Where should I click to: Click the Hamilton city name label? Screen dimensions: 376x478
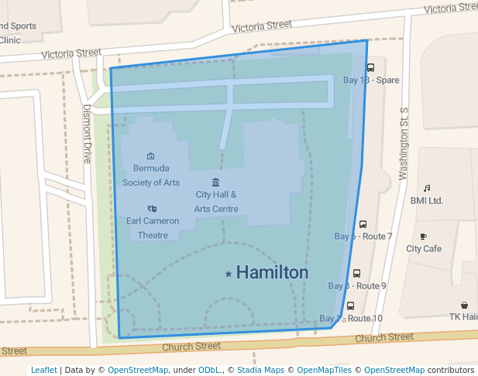(272, 272)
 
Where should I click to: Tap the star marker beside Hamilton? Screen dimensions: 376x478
(229, 274)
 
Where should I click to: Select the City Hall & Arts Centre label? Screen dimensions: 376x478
(216, 202)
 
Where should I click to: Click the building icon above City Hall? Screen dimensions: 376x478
(215, 182)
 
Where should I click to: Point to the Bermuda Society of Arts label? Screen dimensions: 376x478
(150, 176)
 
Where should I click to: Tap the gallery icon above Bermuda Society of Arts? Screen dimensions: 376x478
(150, 156)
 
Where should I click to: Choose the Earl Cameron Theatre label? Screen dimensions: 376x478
(153, 227)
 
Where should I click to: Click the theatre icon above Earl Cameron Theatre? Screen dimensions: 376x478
(152, 208)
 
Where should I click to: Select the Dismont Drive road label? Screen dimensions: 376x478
(87, 134)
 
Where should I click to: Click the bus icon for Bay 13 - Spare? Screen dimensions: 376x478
(370, 67)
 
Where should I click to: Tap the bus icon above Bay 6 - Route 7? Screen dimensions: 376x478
(363, 224)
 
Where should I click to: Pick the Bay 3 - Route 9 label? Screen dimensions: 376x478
(357, 285)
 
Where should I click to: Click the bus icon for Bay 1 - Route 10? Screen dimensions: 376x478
(350, 306)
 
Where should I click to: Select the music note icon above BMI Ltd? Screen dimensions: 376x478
(426, 188)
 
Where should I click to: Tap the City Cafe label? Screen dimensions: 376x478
(424, 248)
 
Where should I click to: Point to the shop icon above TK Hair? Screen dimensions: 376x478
(464, 305)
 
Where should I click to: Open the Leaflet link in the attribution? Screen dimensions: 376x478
(44, 370)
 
